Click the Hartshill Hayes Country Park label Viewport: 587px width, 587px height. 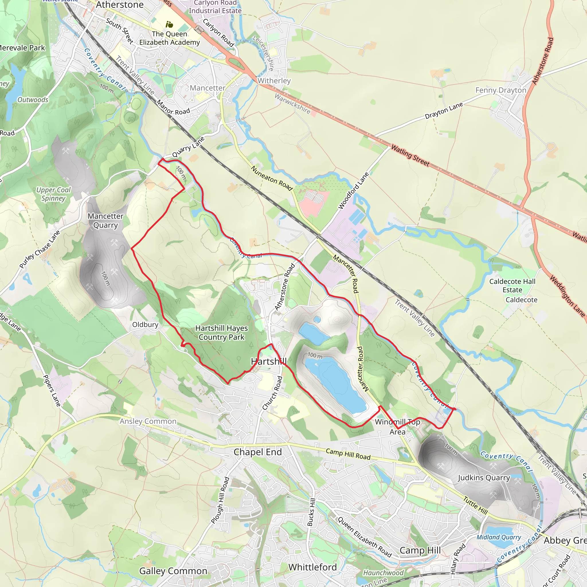[222, 333]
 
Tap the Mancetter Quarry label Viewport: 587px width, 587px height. [105, 221]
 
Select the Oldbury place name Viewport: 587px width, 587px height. [145, 324]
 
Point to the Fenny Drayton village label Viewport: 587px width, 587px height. [501, 90]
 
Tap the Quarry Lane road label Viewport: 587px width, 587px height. [188, 147]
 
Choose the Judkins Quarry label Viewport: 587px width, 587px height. [484, 478]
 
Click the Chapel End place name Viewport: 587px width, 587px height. [258, 452]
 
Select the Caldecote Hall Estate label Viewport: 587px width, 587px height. [512, 285]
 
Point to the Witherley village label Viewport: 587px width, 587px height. [274, 81]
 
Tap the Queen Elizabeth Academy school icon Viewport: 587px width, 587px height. [169, 24]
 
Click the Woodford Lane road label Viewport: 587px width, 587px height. [354, 191]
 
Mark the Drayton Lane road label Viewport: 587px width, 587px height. [444, 111]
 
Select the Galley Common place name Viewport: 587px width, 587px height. [173, 571]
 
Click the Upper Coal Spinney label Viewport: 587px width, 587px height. [54, 194]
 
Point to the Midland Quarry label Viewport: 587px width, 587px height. [499, 537]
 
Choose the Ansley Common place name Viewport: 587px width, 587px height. [148, 421]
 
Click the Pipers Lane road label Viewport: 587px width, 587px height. [52, 391]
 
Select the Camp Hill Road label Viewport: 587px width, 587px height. [348, 454]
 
